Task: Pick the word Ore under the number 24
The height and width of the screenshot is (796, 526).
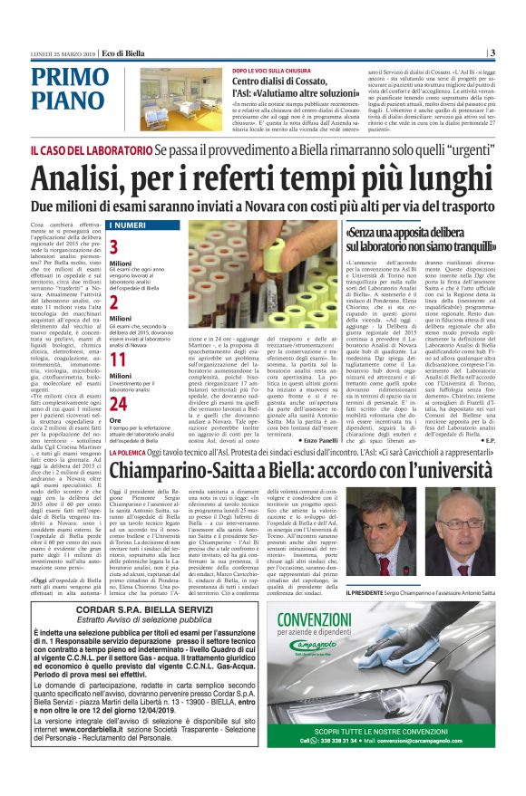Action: point(115,421)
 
